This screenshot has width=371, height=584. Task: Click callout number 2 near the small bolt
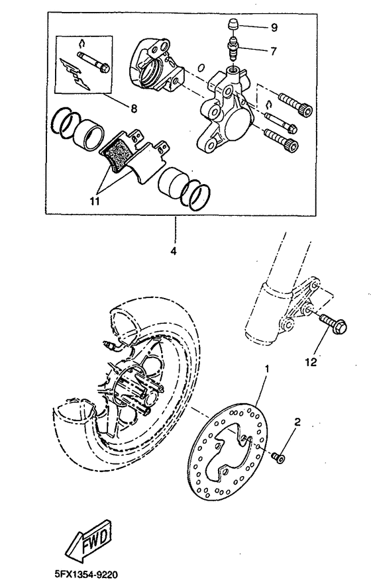pyautogui.click(x=297, y=421)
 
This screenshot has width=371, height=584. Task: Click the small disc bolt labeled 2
pyautogui.click(x=278, y=457)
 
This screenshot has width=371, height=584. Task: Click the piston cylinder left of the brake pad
pyautogui.click(x=86, y=134)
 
